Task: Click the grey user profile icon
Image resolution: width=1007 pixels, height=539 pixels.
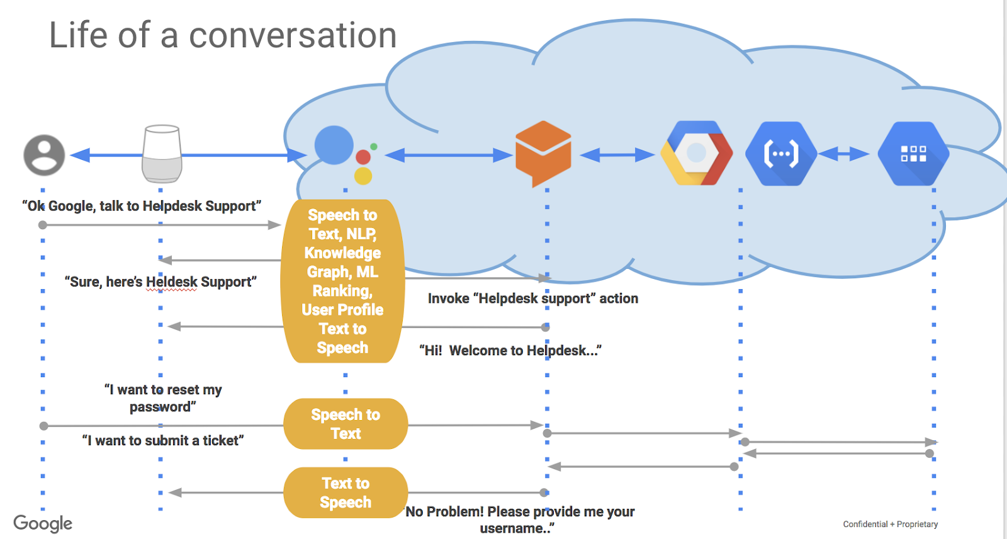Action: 44,155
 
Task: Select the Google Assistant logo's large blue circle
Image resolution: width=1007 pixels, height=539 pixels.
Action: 334,145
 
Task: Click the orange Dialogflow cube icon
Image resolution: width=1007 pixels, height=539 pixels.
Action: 543,153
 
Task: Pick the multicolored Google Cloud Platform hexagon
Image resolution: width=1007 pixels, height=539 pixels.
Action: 697,153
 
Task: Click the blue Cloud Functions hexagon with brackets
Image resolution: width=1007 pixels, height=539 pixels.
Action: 780,154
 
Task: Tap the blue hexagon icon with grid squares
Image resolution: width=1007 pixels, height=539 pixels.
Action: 913,154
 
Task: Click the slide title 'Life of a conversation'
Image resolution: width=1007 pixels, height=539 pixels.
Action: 223,35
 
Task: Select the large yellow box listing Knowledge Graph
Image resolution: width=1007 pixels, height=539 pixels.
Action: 342,281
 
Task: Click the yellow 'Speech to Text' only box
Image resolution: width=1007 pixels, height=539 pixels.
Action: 346,424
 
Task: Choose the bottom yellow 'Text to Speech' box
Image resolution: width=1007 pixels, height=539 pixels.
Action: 346,492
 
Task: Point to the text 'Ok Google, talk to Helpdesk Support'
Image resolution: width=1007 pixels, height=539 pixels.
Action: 142,206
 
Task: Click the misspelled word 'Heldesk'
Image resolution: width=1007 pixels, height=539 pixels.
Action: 171,282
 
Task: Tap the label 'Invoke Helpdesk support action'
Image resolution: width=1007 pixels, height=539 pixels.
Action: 532,298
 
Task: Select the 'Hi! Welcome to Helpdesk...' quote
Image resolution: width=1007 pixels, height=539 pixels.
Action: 510,351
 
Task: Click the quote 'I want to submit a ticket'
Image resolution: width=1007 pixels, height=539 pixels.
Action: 163,441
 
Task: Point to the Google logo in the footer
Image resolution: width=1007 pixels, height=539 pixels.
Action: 43,523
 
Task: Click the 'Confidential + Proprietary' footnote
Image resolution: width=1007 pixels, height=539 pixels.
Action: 890,524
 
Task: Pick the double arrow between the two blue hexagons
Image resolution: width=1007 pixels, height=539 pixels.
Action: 843,154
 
